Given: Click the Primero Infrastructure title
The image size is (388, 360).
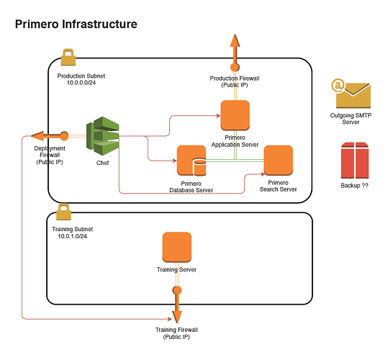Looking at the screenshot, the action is coord(76,24).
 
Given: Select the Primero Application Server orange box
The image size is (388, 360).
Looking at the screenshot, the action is coord(235,115).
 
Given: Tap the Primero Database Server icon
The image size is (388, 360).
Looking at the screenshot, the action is coord(191,161).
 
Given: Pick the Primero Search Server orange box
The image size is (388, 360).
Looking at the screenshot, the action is coord(279,161).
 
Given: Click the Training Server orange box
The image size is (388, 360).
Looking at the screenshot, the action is coord(177,247).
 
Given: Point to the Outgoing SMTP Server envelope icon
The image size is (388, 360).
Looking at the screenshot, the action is coord(351,94).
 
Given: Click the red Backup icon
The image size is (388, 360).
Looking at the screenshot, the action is coord(355,161).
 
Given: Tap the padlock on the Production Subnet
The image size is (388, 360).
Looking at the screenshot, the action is coord(68,57).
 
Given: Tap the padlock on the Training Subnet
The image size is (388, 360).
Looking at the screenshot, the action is coord(63,212).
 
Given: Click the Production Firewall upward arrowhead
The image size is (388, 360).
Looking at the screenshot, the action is coord(235,40).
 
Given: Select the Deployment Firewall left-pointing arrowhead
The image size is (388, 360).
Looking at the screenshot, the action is coord(37,136).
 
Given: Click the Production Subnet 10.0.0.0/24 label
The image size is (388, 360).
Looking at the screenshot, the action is coord(81,79).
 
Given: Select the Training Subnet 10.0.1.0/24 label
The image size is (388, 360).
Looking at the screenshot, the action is coord(72,233).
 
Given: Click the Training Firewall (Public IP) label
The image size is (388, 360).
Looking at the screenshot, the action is coord(176,333).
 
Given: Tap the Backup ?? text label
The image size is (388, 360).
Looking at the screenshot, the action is coord(355,186).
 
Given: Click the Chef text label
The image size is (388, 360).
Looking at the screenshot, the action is coord(102,163).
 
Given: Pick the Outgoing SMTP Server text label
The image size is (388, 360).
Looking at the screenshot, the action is coord(351,119).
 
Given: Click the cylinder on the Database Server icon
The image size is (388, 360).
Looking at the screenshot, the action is coord(200,168).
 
